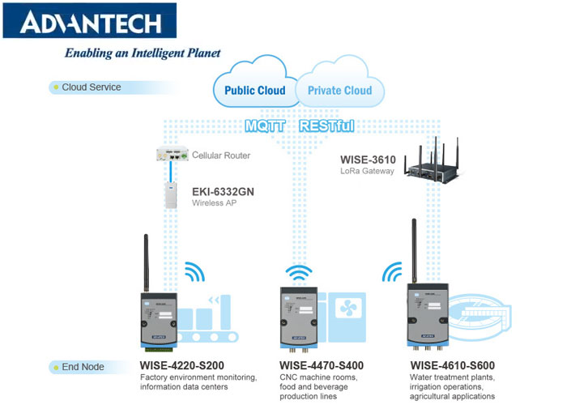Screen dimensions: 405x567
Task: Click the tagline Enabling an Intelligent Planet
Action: [x=143, y=53]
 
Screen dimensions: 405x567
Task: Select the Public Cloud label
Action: [x=254, y=90]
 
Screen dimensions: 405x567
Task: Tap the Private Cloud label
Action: [x=339, y=90]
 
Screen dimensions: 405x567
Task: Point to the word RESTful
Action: [x=327, y=126]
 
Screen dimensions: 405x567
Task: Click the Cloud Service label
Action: [x=91, y=87]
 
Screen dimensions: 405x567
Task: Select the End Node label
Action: [x=83, y=367]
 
